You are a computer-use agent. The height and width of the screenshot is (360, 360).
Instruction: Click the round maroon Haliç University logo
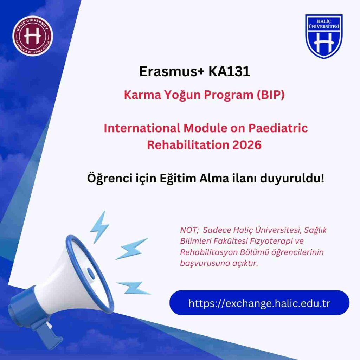33,36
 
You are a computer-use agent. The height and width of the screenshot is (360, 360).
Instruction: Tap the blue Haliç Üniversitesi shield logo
324,36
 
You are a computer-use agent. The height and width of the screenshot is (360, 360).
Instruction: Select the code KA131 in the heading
229,71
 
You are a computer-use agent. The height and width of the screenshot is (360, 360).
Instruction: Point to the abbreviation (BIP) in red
270,95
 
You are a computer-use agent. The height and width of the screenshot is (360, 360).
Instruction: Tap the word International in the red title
142,128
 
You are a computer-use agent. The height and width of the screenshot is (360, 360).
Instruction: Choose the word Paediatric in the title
278,128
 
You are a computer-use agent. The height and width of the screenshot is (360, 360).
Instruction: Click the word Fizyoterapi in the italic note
271,241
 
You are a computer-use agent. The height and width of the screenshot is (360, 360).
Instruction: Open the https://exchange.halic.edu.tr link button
259,303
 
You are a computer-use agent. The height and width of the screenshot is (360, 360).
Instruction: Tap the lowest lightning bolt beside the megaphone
134,288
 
